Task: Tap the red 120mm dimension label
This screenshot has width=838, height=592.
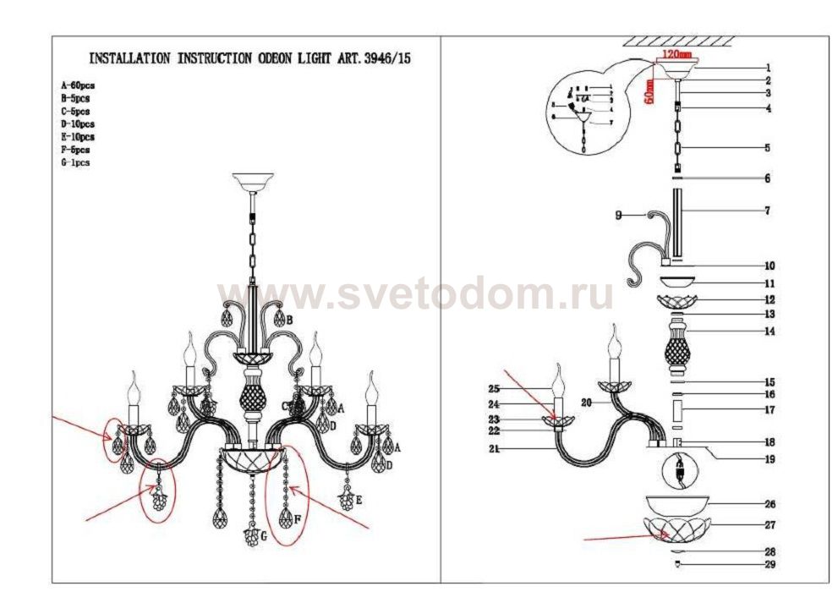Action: [x=676, y=55]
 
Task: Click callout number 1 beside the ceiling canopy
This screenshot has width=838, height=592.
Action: [x=767, y=68]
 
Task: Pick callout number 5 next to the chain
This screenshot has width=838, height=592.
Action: [x=767, y=148]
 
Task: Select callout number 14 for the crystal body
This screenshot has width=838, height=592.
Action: [x=769, y=332]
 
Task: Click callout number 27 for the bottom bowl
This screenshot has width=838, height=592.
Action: [x=769, y=525]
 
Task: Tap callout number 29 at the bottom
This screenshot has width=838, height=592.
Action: [x=769, y=564]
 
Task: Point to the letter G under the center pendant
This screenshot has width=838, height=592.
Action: [x=265, y=536]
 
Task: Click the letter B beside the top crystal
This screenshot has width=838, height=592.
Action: [x=289, y=320]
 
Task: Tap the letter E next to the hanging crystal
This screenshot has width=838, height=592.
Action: [x=359, y=501]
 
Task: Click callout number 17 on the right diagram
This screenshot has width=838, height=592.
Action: [x=769, y=410]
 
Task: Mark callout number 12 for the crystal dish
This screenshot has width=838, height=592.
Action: [x=769, y=299]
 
